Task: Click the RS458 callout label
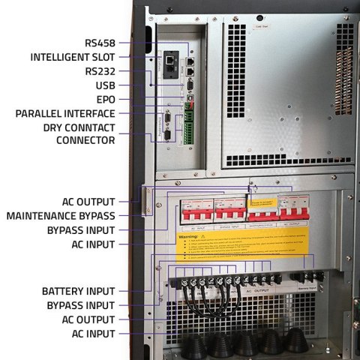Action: pos(100,43)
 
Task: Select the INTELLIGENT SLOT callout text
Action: pos(73,57)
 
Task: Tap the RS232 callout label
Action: pos(100,71)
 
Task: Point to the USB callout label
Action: pos(104,85)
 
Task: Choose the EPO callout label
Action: pos(105,99)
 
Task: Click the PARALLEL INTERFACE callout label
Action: pos(66,113)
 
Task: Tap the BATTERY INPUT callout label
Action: pos(79,291)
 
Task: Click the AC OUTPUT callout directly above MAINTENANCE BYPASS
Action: pos(88,202)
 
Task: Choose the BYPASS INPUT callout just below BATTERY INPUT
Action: pos(79,305)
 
